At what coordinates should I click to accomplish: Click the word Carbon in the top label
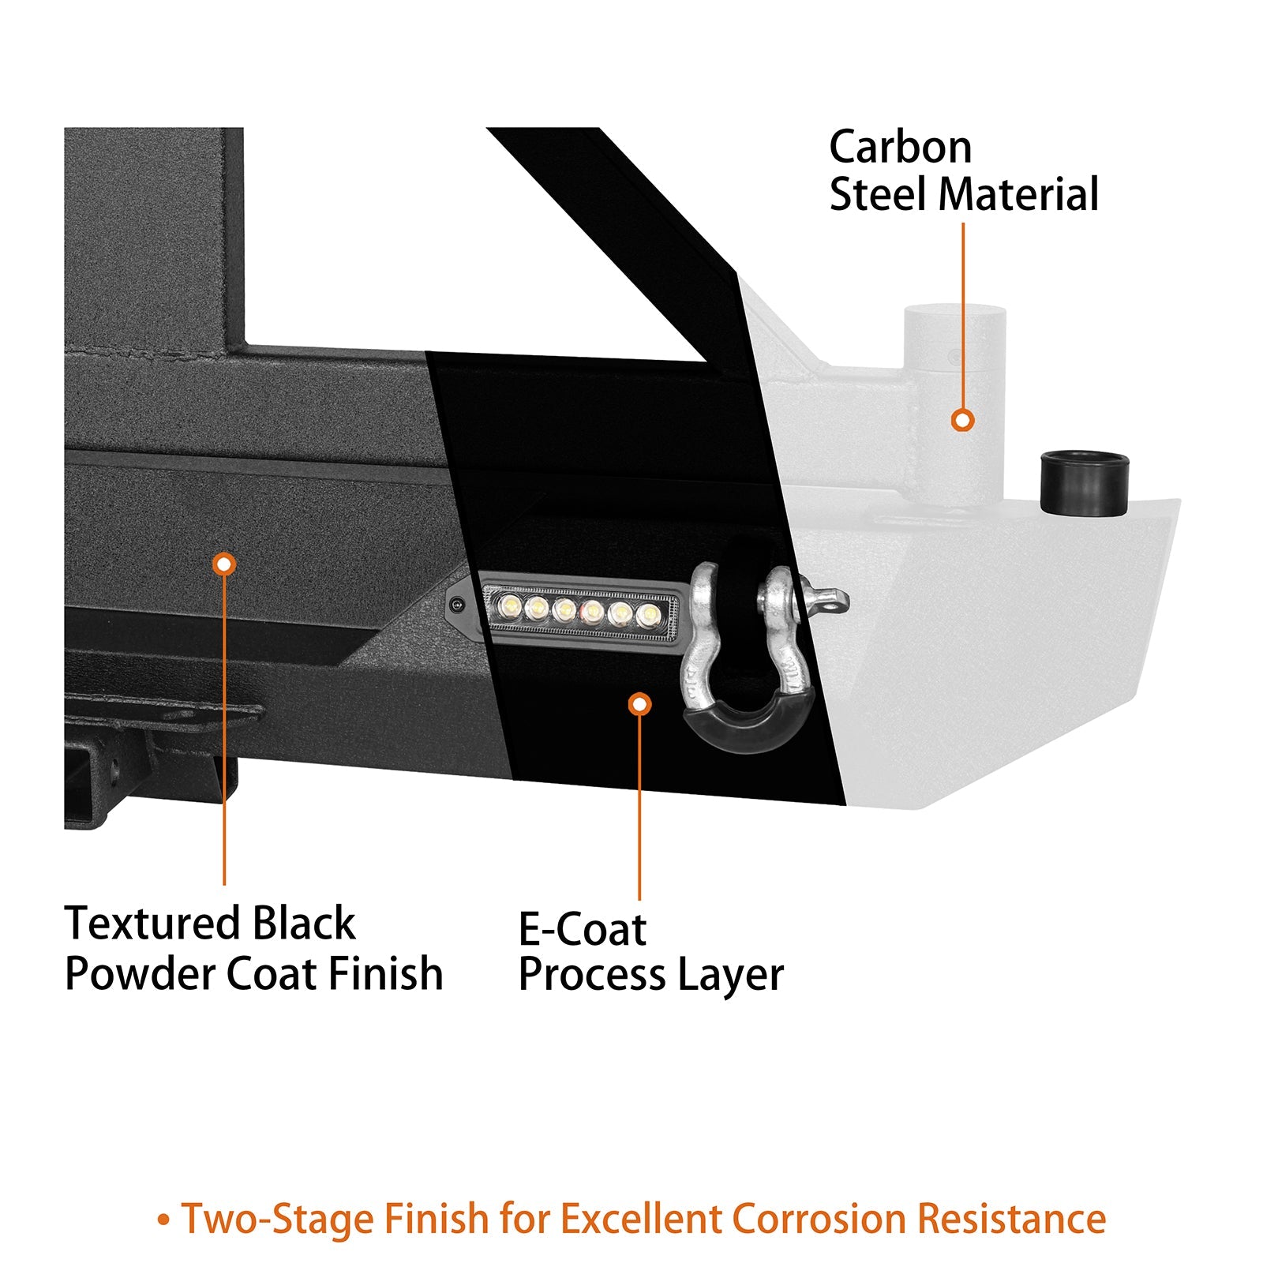pyautogui.click(x=900, y=148)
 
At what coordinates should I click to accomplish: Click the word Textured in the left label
pyautogui.click(x=151, y=924)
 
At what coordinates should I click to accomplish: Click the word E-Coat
pyautogui.click(x=583, y=929)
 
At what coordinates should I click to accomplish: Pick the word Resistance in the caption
pyautogui.click(x=1011, y=1219)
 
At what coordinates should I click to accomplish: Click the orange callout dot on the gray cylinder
pyautogui.click(x=962, y=420)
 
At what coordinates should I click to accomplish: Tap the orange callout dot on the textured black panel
pyautogui.click(x=224, y=564)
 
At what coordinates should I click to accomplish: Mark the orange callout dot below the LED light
pyautogui.click(x=639, y=704)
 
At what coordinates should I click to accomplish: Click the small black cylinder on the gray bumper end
pyautogui.click(x=1084, y=483)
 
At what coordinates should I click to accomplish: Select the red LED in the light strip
pyautogui.click(x=592, y=610)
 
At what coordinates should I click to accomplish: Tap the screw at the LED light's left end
pyautogui.click(x=456, y=605)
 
